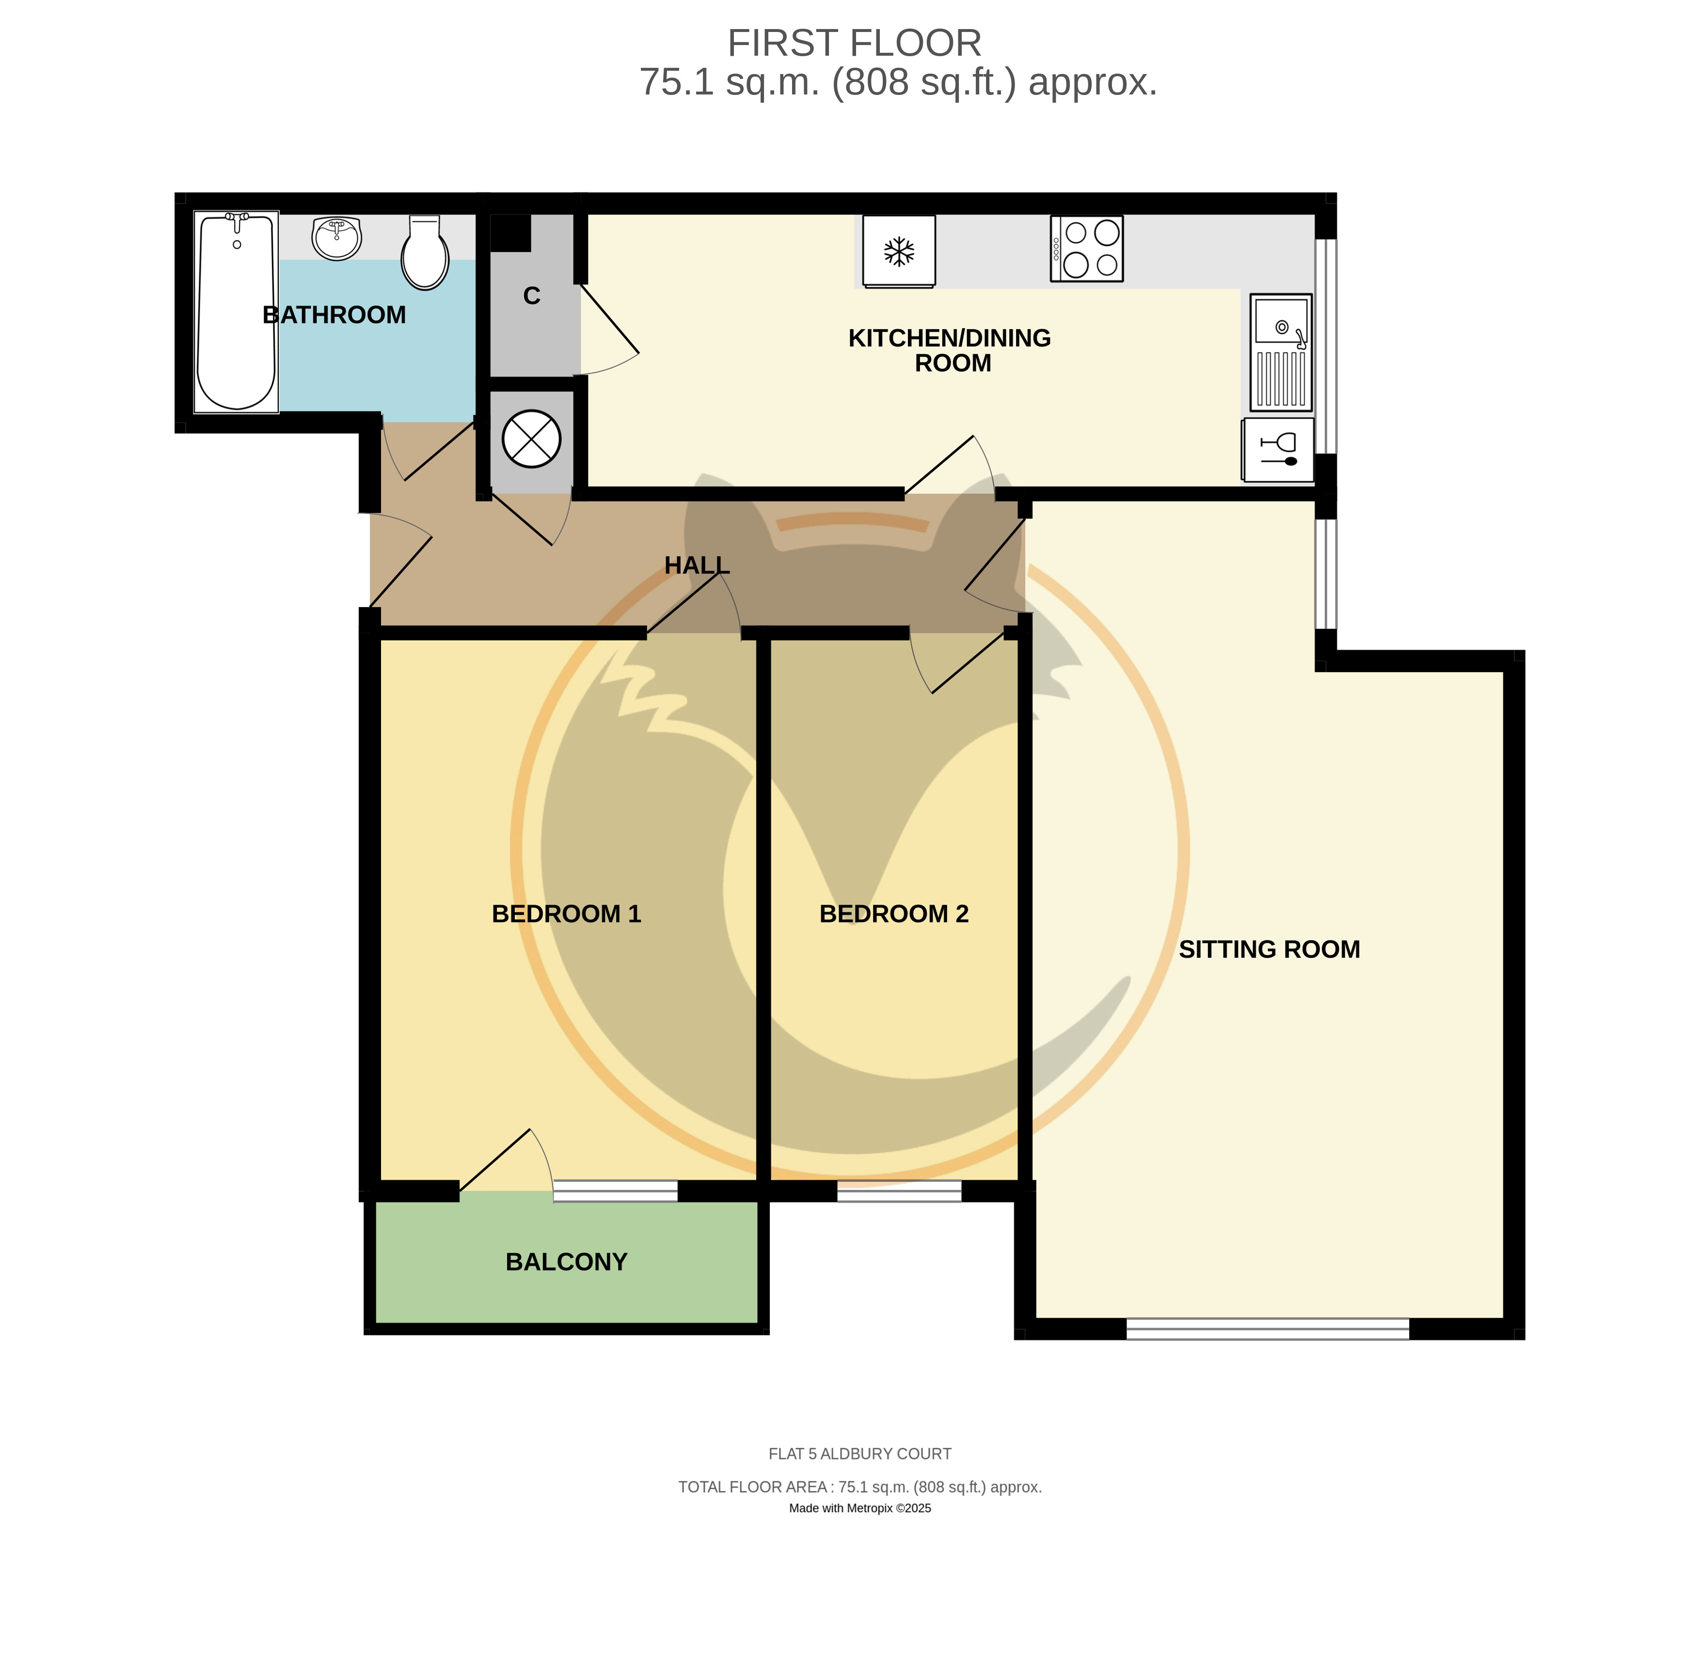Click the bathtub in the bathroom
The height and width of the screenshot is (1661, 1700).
coord(237,312)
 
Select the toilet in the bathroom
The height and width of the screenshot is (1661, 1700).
coord(425,252)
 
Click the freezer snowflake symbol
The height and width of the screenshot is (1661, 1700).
coord(899,252)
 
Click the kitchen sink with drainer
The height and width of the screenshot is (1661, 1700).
coord(1281,352)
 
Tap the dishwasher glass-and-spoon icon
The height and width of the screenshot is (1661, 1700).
coord(1279,449)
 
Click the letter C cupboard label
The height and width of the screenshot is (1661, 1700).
coord(531,296)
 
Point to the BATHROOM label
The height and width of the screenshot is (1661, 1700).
coord(334,315)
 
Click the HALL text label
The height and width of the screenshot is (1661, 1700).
coord(697,565)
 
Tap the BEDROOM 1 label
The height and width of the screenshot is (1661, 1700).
coord(566,913)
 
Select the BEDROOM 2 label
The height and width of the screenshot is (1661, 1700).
coord(894,913)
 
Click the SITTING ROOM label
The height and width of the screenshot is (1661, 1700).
coord(1269,949)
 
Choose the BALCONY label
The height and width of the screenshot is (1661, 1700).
coord(566,1261)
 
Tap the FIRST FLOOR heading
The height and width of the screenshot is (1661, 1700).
coord(855,43)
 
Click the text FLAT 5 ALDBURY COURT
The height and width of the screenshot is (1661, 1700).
coord(859,1454)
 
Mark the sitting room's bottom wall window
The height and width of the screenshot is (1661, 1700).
coord(1267,1329)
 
